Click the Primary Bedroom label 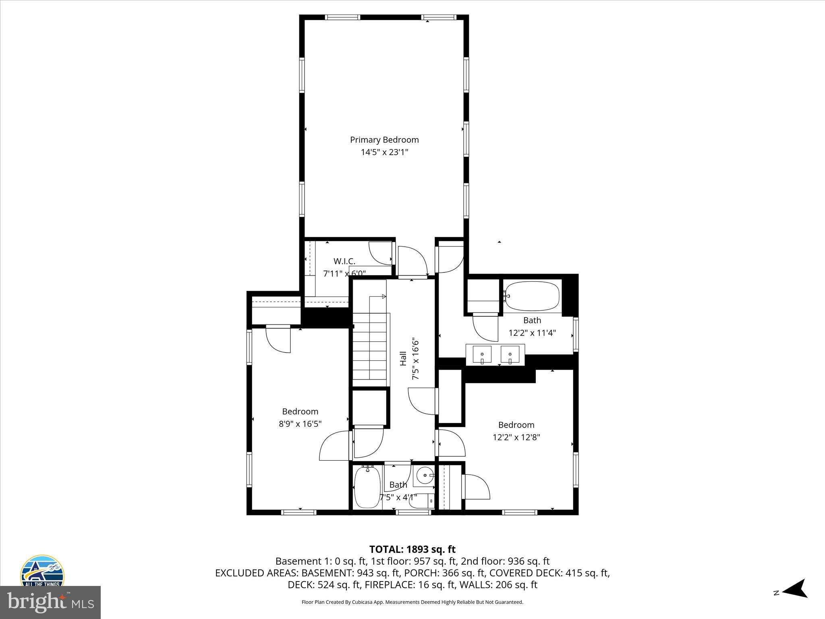point(384,140)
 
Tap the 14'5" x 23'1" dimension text point(384,152)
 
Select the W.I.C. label point(344,261)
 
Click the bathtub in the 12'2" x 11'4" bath point(532,296)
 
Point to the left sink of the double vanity point(482,355)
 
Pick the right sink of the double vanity point(510,355)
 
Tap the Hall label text point(403,359)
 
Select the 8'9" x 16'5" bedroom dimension point(300,424)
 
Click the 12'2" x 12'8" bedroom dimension point(516,437)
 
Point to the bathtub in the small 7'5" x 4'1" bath point(367,487)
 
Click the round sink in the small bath point(424,476)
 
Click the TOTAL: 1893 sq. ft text point(412,549)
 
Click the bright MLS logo point(50,602)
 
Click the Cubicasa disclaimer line point(412,602)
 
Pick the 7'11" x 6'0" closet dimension point(344,274)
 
